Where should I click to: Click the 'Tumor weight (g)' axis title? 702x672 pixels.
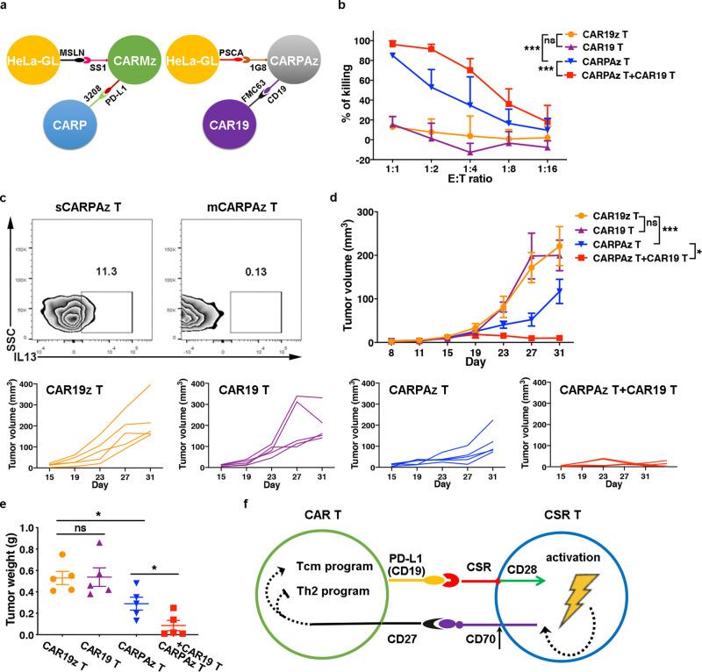pyautogui.click(x=12, y=580)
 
